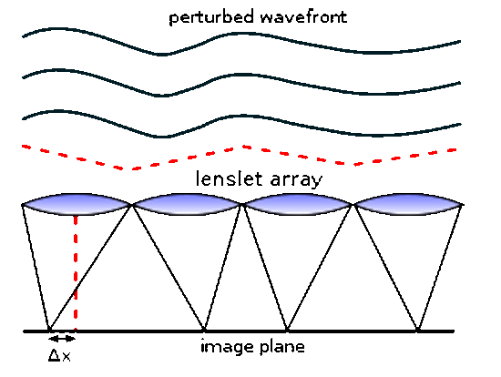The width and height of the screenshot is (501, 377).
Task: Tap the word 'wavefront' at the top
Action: (x=304, y=16)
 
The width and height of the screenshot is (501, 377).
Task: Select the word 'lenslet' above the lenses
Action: (x=230, y=178)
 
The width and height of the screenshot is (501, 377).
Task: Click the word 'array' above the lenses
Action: (x=297, y=180)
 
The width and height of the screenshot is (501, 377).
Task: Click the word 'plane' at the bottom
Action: (x=282, y=347)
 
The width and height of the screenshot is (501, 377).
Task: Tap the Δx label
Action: (x=59, y=355)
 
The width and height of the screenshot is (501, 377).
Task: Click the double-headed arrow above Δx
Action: (x=62, y=338)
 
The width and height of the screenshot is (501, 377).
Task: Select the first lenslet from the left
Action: (x=77, y=204)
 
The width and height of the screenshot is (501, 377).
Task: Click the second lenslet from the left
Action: (x=188, y=204)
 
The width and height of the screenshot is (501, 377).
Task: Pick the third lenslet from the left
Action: (x=298, y=204)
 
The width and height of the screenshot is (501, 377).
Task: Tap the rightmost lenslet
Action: (x=408, y=204)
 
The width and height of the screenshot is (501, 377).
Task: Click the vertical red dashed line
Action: (x=76, y=272)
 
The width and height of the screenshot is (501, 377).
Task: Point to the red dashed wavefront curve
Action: (x=243, y=148)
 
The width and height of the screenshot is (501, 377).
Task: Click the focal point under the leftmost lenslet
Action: (x=49, y=329)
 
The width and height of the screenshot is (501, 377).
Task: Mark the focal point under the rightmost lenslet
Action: (x=417, y=329)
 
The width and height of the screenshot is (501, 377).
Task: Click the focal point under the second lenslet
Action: (x=204, y=329)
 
